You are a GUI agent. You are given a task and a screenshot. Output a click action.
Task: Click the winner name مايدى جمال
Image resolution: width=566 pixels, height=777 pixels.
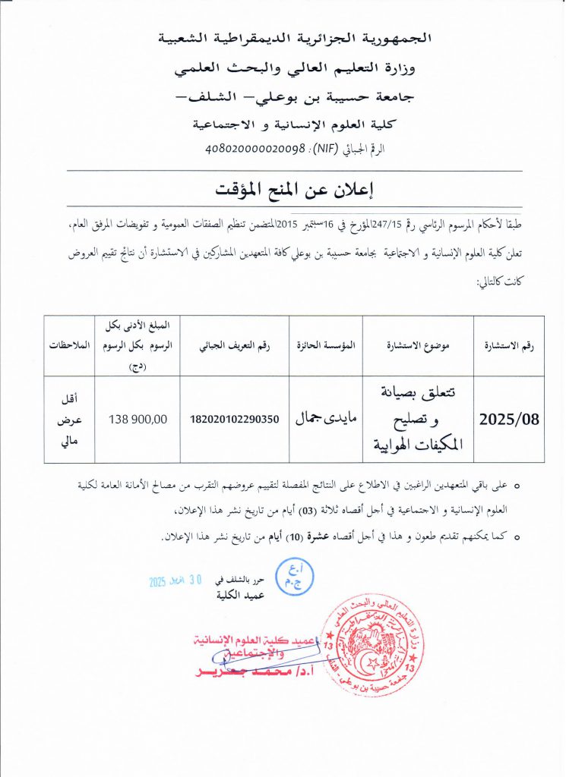326,418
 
